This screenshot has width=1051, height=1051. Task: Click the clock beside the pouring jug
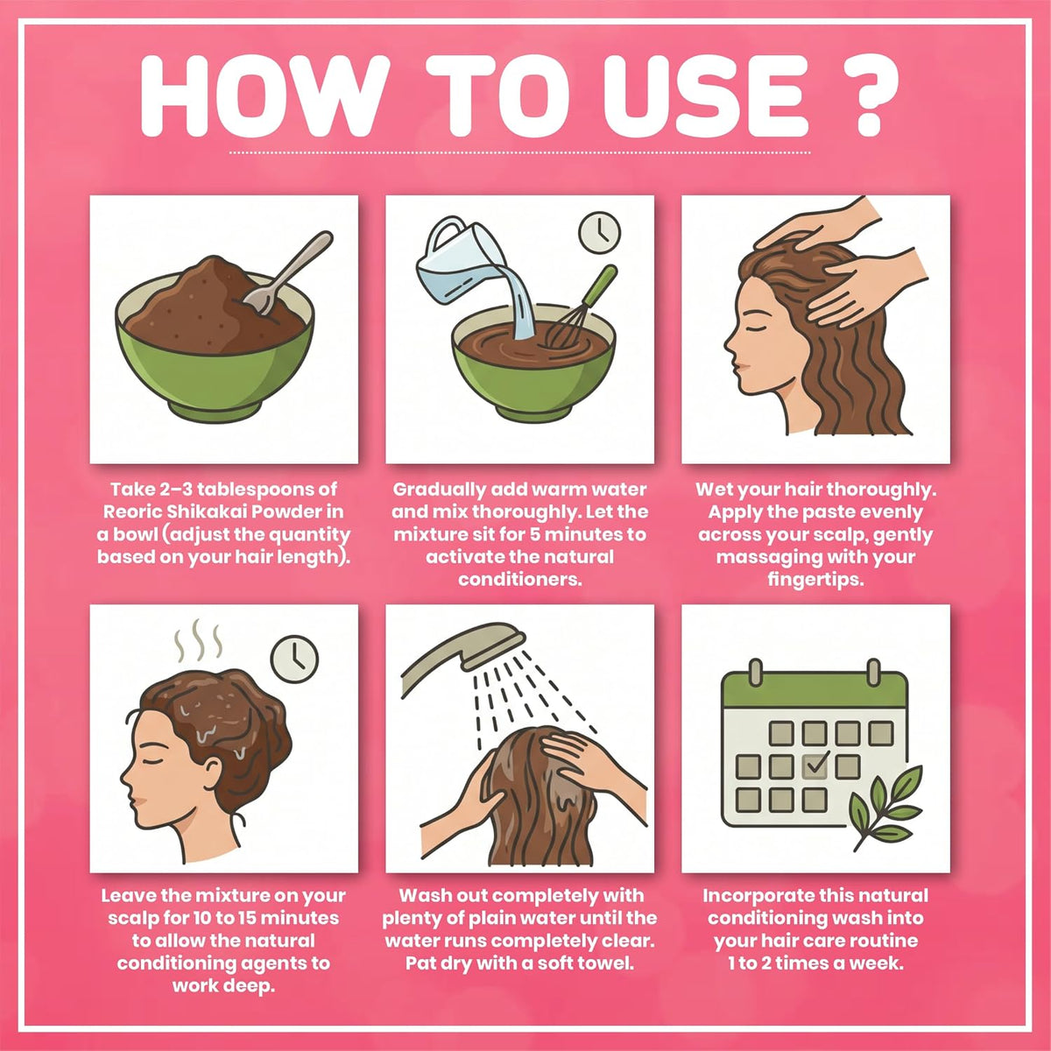tap(600, 232)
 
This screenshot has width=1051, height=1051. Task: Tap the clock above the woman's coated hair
tap(294, 659)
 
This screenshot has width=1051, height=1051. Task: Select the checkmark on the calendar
tap(817, 761)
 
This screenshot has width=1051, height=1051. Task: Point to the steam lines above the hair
tap(198, 639)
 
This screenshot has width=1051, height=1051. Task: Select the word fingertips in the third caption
tap(815, 580)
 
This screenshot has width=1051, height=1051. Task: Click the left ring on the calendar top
tap(755, 672)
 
